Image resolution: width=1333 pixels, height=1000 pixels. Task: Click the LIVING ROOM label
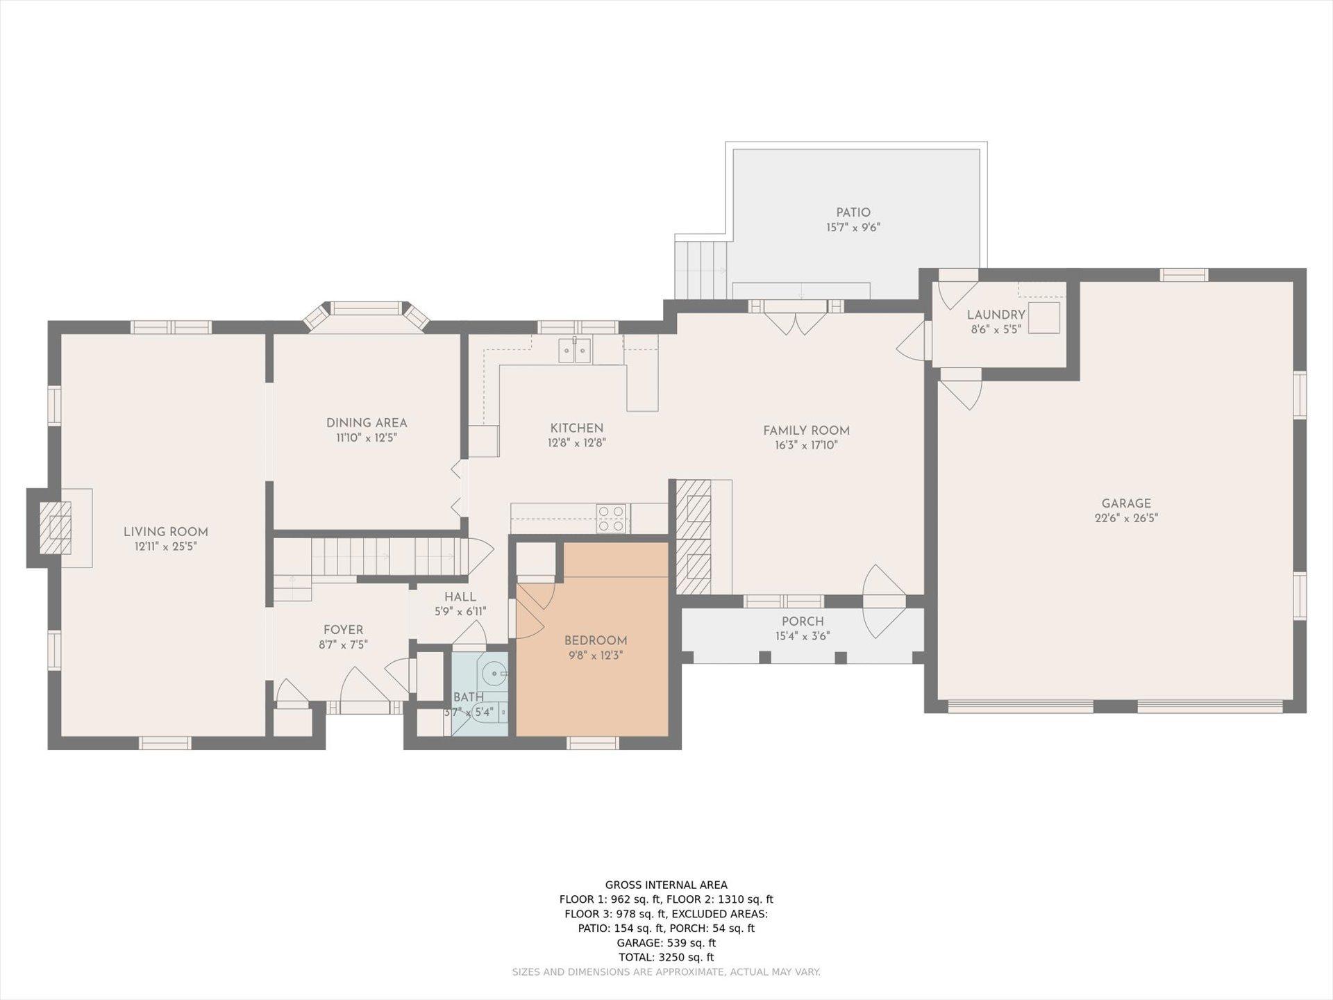tap(165, 532)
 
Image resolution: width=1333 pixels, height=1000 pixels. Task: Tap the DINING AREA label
tap(367, 423)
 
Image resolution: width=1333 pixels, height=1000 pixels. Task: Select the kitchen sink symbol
tap(576, 350)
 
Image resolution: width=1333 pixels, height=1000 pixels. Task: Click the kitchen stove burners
tap(612, 519)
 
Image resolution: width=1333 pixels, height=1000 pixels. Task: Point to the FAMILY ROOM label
tap(806, 431)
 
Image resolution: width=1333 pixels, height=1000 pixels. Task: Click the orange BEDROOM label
tap(596, 641)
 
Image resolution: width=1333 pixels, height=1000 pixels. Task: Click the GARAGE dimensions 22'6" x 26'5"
tap(1126, 518)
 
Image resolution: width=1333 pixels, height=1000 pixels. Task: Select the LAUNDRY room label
tap(996, 315)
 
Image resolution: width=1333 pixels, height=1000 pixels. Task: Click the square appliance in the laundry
tap(1044, 318)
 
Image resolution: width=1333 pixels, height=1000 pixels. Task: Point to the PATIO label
tap(853, 212)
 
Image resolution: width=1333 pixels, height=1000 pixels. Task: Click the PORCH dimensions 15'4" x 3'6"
tap(803, 636)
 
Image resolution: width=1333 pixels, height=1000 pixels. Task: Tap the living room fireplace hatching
tap(55, 528)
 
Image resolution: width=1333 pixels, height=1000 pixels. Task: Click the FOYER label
tap(343, 630)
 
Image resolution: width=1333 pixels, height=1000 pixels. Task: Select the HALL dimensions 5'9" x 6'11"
tap(460, 612)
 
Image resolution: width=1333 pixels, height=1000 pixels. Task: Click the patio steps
tap(701, 268)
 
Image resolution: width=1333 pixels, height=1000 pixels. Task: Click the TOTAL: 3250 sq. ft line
tap(666, 958)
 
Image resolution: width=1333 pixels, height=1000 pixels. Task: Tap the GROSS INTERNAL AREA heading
tap(666, 885)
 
